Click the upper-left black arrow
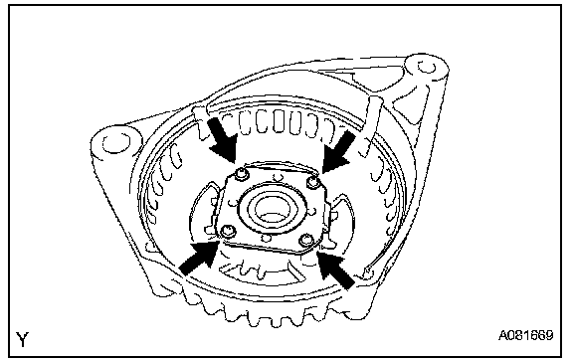223,139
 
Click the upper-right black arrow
339,152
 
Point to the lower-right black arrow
336,269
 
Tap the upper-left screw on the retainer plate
241,174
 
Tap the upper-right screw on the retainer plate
313,182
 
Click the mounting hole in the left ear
116,142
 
